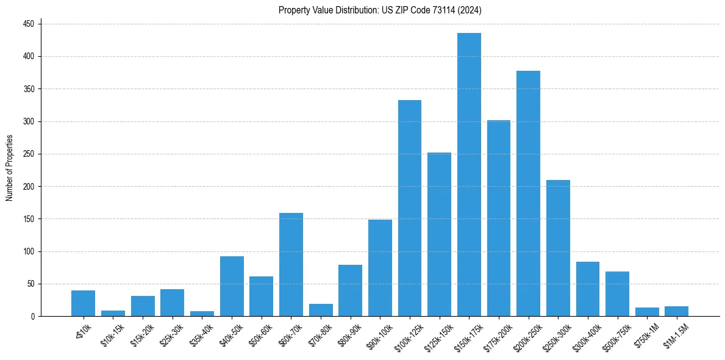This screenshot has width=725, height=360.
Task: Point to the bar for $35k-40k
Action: [202, 314]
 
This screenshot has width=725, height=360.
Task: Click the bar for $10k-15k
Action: [113, 314]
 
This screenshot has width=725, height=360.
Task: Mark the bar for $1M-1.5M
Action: [677, 311]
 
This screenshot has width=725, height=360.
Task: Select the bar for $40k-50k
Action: [232, 286]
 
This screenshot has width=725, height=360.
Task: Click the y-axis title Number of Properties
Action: [10, 168]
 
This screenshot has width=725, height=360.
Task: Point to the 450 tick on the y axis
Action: [29, 24]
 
